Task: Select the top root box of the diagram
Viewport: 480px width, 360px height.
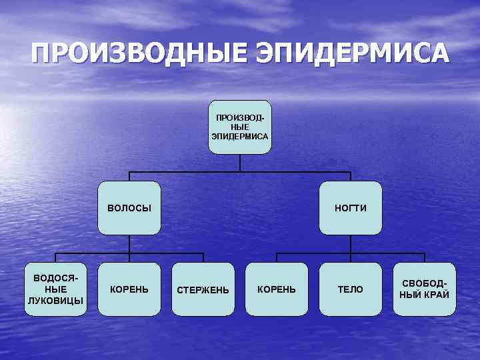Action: click(240, 127)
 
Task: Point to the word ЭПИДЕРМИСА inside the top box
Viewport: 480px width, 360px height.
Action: click(240, 137)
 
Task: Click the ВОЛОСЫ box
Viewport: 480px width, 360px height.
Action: click(129, 208)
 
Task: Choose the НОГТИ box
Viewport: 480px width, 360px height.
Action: click(351, 208)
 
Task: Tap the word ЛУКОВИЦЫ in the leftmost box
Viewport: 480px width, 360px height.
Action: click(55, 300)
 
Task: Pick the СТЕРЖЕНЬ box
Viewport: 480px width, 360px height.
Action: click(203, 289)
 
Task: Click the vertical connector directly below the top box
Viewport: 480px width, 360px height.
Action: click(240, 163)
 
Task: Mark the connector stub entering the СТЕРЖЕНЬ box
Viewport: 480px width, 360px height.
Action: click(203, 258)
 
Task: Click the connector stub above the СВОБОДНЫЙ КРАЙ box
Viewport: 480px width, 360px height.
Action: click(425, 258)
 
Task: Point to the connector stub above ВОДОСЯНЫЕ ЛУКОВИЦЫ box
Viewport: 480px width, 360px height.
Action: click(55, 258)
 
